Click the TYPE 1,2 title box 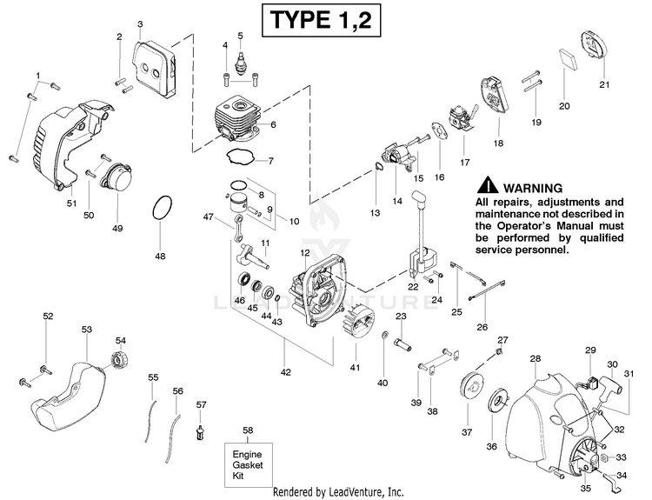(321, 19)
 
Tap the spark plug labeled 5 (240, 63)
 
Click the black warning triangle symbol (488, 185)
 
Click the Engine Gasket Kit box (249, 464)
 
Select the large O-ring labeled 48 (162, 208)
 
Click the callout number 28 (536, 358)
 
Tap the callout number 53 (86, 330)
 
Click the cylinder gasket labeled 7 (240, 157)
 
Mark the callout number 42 (286, 372)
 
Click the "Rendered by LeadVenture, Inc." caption (338, 492)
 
